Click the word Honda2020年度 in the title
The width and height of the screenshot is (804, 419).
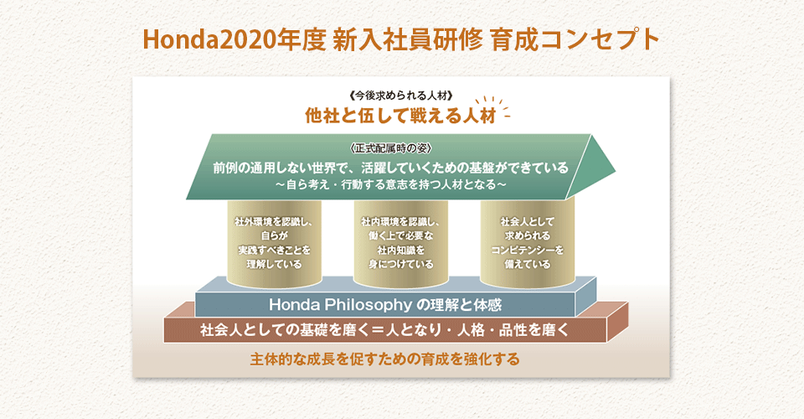[x=234, y=40]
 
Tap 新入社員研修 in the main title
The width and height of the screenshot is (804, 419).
[x=407, y=40]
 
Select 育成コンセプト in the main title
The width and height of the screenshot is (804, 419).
[x=575, y=40]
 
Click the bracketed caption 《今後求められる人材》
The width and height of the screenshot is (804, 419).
[x=401, y=96]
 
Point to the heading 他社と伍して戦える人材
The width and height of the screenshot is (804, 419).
[x=400, y=116]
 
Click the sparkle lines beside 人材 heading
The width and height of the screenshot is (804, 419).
[x=494, y=106]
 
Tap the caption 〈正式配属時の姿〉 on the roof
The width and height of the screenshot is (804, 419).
[x=391, y=148]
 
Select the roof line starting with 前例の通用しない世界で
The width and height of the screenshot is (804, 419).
[x=391, y=168]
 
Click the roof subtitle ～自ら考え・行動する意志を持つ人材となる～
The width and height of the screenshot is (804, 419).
[x=391, y=184]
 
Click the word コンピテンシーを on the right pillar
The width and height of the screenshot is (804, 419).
[x=527, y=251]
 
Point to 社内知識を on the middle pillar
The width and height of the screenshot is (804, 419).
[x=401, y=251]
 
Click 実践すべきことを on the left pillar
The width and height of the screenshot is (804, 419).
[x=275, y=251]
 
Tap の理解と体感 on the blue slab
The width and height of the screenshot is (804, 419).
[x=459, y=305]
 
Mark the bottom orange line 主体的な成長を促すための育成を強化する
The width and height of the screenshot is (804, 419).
[x=385, y=359]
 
